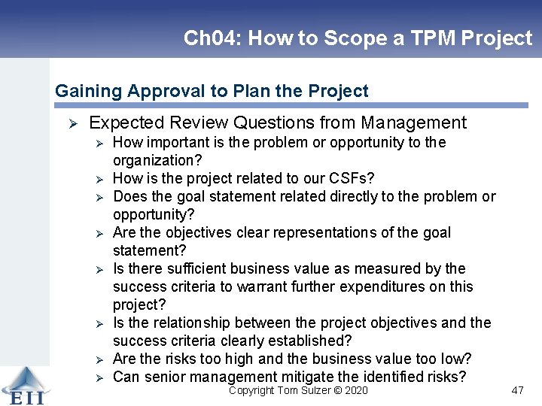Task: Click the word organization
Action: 152,160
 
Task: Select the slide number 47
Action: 516,390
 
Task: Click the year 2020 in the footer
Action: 355,390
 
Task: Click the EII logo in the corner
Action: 25,386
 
